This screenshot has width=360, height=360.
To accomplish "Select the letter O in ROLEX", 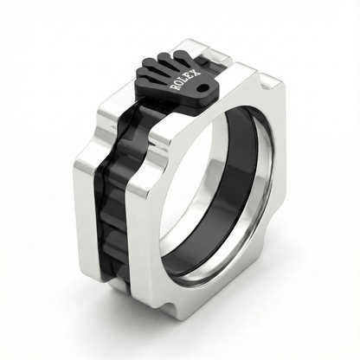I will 178,83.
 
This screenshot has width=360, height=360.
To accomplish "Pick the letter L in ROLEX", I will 183,80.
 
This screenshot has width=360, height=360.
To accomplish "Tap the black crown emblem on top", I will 177,74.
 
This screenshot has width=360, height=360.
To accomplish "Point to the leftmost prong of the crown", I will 145,65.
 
